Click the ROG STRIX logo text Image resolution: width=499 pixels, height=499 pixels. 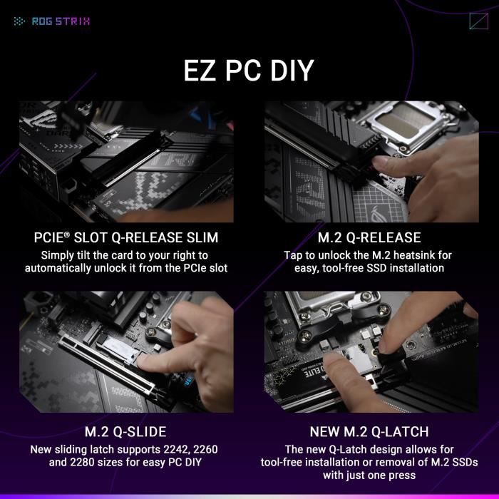[x=61, y=21]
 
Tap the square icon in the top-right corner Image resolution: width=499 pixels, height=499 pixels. [x=478, y=21]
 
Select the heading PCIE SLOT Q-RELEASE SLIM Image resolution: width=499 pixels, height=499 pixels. [x=125, y=237]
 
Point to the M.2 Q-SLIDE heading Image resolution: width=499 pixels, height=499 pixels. [x=125, y=432]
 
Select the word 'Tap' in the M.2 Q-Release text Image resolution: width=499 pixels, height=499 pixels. [x=294, y=254]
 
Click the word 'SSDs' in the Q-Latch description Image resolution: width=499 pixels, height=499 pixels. [x=469, y=462]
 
